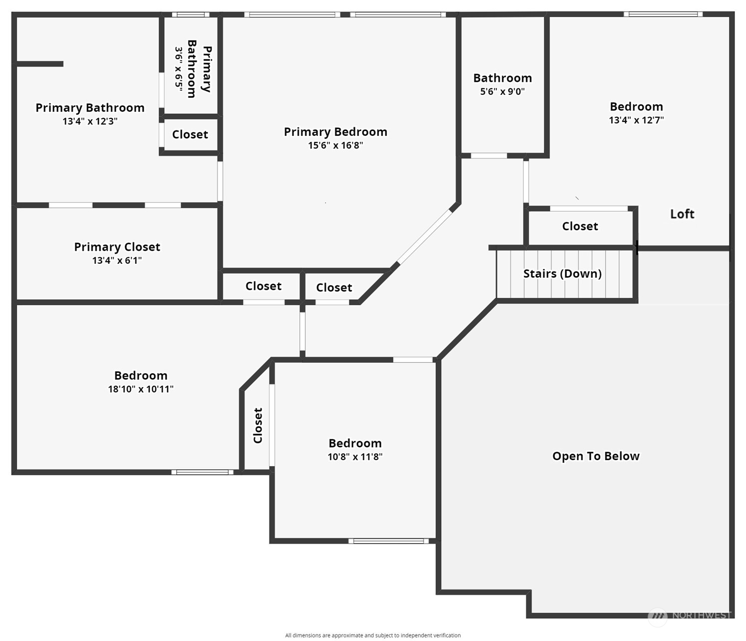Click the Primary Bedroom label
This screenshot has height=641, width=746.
tap(335, 132)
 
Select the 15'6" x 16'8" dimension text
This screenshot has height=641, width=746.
tap(335, 145)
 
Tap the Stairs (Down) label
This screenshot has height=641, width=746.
tap(562, 274)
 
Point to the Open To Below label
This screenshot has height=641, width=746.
tap(596, 456)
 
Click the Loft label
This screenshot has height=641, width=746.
tap(682, 214)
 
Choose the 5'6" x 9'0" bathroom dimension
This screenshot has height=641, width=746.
tap(502, 91)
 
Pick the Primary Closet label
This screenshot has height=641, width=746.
tap(117, 247)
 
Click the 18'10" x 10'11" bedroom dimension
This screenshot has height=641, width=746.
tap(141, 389)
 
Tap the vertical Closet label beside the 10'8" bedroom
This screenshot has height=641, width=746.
tap(258, 426)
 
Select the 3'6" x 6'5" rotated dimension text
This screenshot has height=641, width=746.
tap(179, 68)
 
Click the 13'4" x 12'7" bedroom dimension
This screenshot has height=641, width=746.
tap(636, 120)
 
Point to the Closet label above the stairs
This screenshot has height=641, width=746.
tap(580, 226)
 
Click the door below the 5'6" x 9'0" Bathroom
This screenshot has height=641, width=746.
tap(489, 156)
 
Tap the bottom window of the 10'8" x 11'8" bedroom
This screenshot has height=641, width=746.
tap(388, 541)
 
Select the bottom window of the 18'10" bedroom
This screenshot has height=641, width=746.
tap(202, 472)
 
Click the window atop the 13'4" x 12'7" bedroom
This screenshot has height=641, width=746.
tap(663, 14)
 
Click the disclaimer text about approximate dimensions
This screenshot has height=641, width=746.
tap(373, 636)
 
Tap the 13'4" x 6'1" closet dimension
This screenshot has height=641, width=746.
tap(117, 260)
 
